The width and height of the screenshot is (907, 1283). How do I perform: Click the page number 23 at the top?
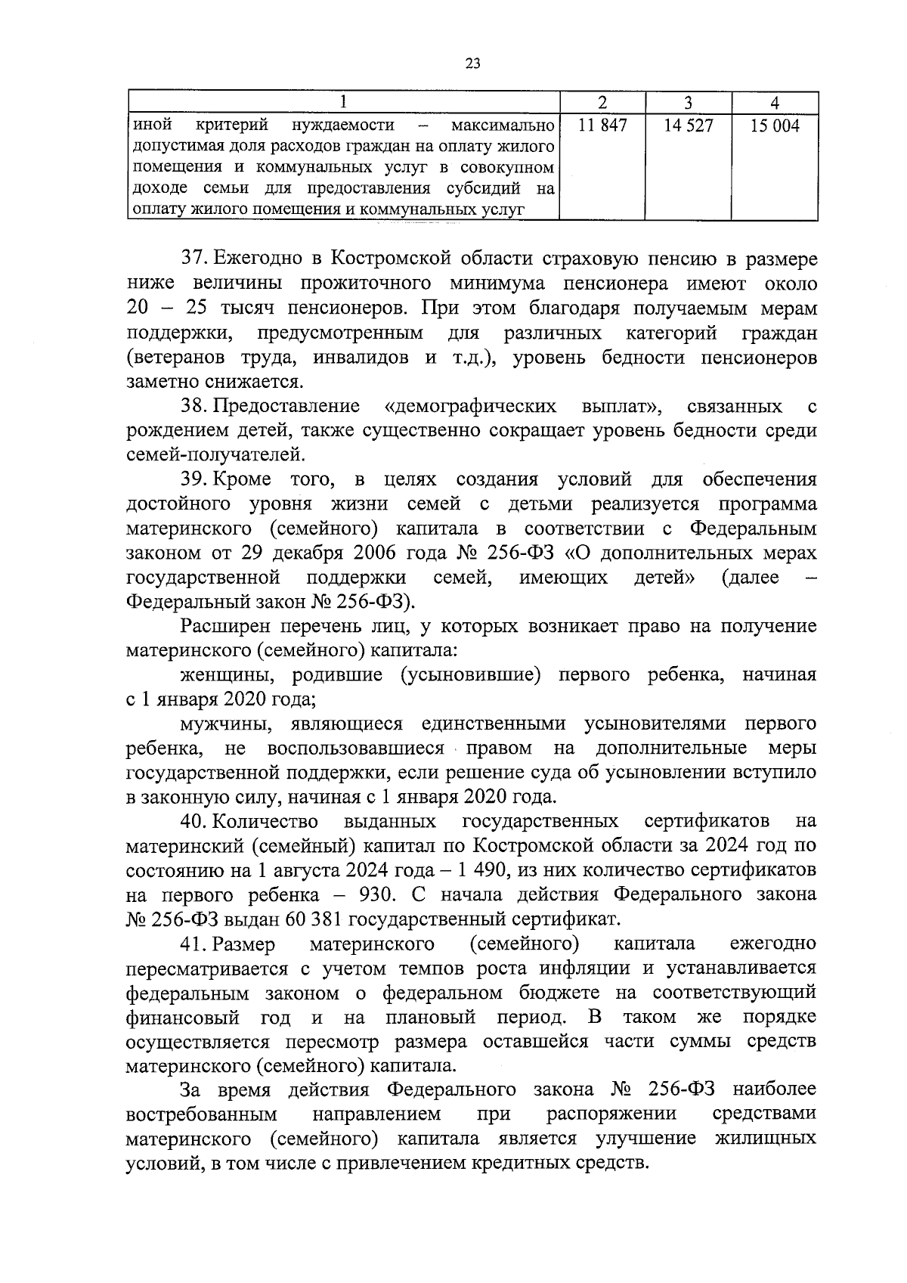pos(472,64)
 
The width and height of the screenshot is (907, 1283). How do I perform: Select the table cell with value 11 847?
pos(602,126)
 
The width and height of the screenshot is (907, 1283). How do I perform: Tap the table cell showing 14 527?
pos(688,126)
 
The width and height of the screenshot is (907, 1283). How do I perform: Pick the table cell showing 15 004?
pos(774,126)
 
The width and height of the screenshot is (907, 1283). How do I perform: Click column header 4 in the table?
pos(775,103)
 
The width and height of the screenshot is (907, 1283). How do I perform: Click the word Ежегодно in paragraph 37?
pos(257,259)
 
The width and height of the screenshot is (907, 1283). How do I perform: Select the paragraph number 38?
pos(194,407)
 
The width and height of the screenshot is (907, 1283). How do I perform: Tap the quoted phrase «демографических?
pos(470,407)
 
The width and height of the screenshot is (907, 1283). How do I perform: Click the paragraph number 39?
pos(194,480)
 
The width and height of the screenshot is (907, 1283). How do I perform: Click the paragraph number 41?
pos(194,944)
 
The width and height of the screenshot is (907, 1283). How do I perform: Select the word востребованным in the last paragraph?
pos(201,1115)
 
